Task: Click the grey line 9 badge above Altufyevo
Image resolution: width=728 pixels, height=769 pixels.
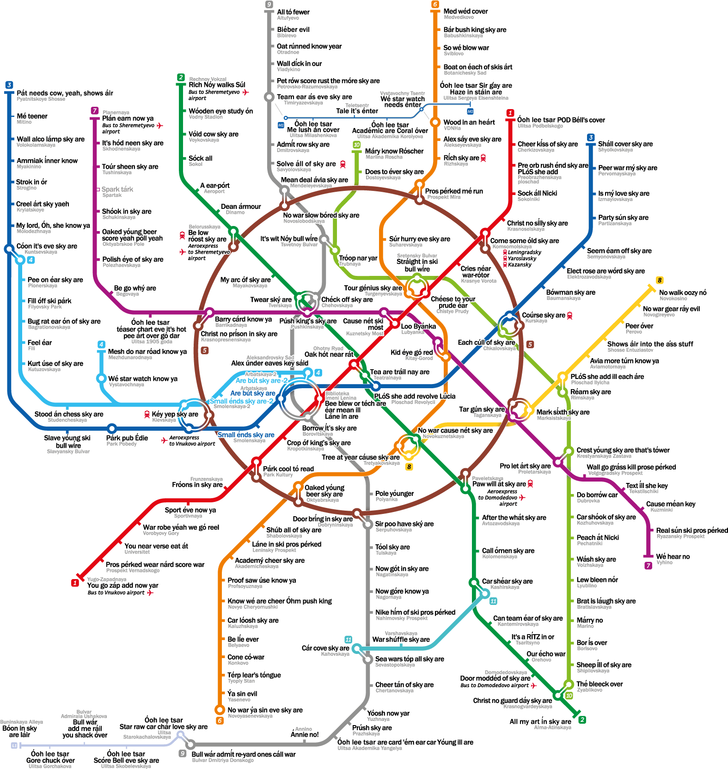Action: (x=269, y=4)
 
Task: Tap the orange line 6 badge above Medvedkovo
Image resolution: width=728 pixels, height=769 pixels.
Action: (x=435, y=4)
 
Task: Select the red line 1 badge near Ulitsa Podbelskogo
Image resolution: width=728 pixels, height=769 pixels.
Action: (x=510, y=113)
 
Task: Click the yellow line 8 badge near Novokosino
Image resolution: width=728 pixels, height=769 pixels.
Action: (x=660, y=280)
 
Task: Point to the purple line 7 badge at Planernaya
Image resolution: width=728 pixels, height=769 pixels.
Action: (x=94, y=111)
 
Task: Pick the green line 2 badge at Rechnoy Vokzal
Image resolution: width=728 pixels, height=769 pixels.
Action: (x=181, y=77)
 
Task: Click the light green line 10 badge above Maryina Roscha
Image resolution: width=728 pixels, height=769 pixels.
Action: (x=356, y=145)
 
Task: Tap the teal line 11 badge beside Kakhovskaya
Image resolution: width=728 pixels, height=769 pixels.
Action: (x=348, y=640)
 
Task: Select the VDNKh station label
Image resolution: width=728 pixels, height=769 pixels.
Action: (x=452, y=128)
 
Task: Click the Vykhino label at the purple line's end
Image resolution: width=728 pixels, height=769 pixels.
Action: (x=665, y=562)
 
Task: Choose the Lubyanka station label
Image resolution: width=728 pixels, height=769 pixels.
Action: (x=412, y=332)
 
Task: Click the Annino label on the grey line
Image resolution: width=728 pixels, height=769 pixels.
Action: (x=304, y=729)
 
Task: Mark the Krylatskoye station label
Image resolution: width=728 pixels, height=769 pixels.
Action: (x=31, y=210)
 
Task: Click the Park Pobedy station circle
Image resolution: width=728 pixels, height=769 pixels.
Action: (x=111, y=428)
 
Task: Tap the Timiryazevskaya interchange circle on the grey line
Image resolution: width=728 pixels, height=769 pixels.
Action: (x=269, y=97)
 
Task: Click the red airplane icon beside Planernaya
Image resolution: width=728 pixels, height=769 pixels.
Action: (x=160, y=125)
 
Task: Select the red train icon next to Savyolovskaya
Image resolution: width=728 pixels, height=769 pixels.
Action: (x=343, y=164)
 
